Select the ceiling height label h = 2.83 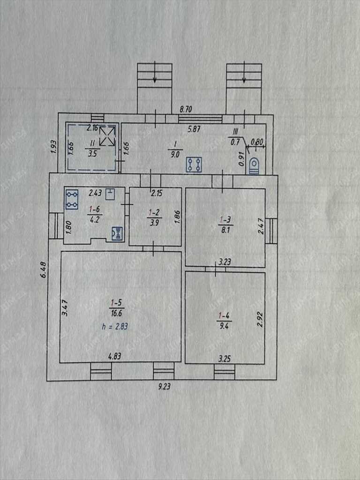coord(114,327)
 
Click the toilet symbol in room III coord(254,166)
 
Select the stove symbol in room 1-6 coord(72,199)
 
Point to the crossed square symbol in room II coord(107,135)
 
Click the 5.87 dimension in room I coord(193,129)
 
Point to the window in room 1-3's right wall coord(271,231)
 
